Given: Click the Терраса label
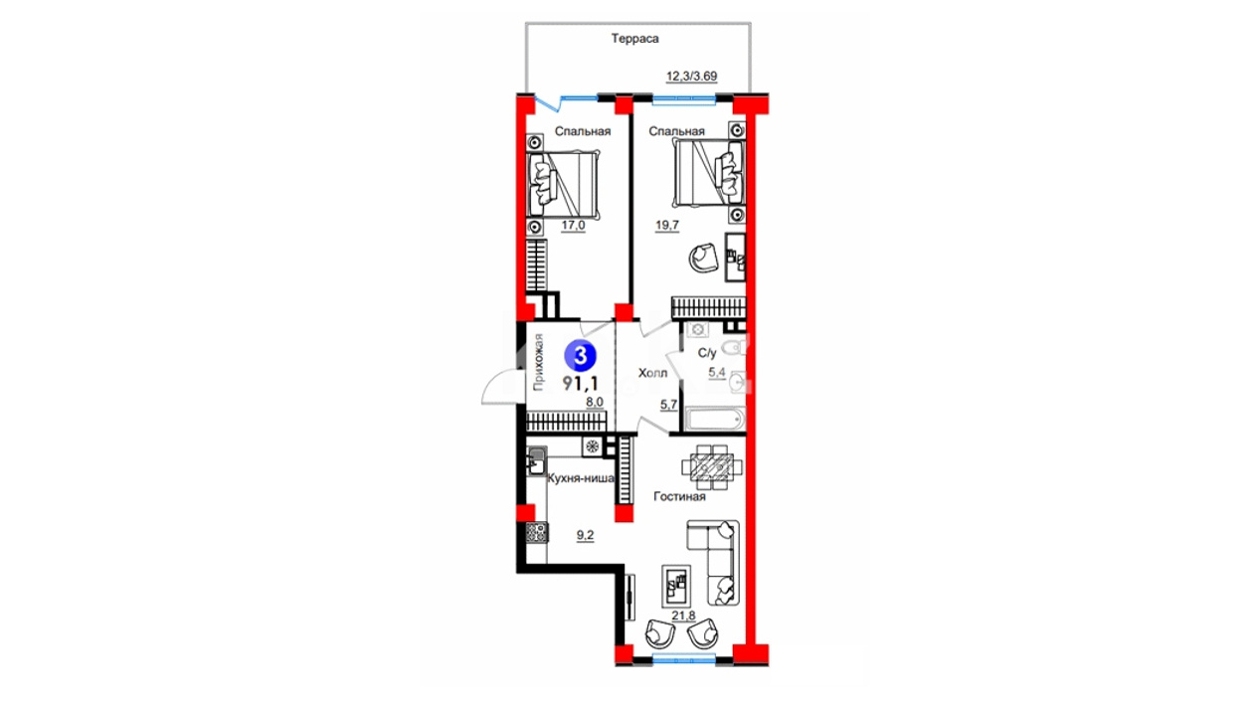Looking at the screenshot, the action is point(634,39).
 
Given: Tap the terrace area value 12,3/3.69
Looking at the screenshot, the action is point(691,76).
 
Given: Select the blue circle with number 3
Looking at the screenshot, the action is point(581,355).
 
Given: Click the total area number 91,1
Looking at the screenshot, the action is point(581,383).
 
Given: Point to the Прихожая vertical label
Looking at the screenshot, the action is point(538,362).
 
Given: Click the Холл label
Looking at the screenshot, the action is point(653,373).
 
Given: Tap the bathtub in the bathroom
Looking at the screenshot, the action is point(714,419).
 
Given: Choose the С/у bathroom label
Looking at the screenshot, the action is point(707,353).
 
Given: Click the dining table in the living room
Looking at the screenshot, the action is point(712,466).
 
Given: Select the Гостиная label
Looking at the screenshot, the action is point(679,496).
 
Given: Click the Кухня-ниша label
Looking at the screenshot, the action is point(581,478).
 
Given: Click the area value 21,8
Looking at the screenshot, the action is point(683,616).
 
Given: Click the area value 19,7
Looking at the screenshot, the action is point(667,226).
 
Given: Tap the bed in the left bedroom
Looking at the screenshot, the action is point(563,184).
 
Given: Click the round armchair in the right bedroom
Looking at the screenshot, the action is point(703,258).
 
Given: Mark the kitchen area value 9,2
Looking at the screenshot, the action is point(585,535).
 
